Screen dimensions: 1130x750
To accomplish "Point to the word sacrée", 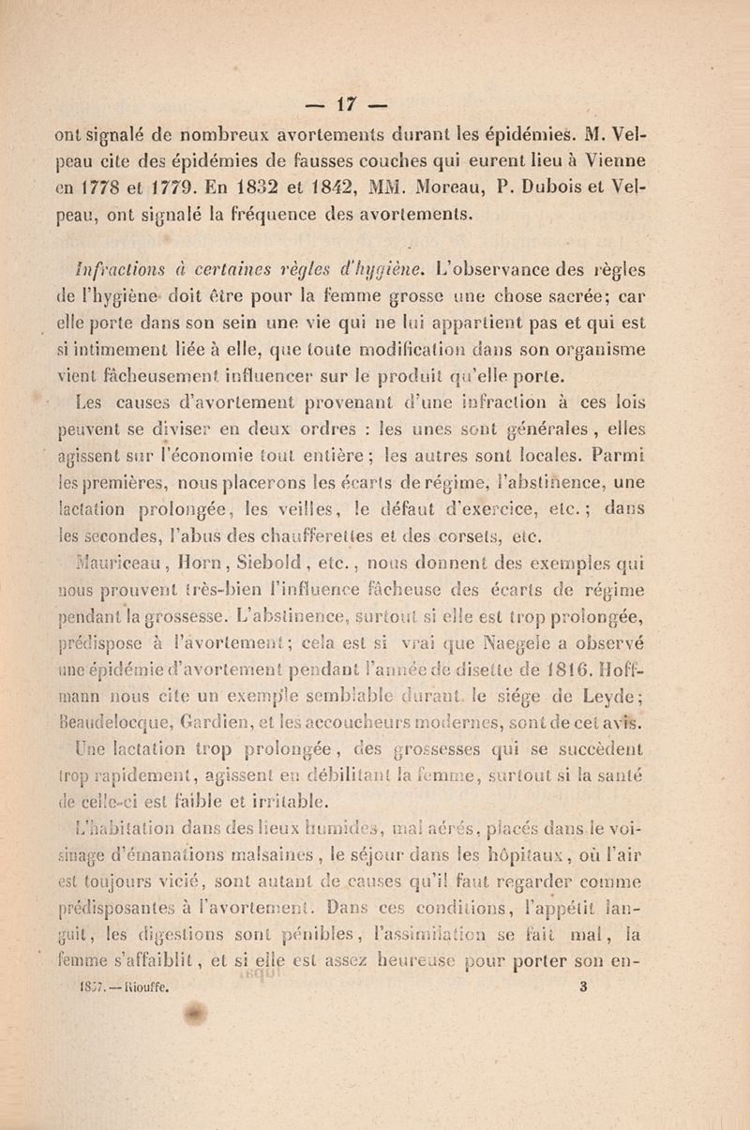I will (638, 309).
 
